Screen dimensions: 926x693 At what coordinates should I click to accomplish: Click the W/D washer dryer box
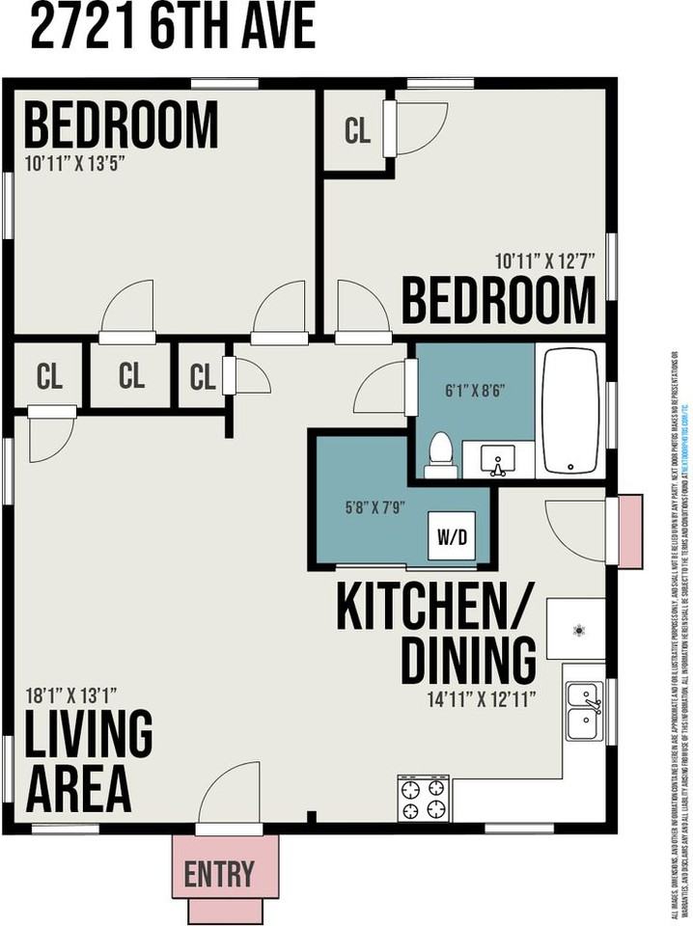(x=452, y=536)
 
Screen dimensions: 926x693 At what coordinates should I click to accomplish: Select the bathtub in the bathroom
(x=569, y=411)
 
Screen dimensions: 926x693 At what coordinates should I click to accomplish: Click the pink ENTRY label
(x=219, y=874)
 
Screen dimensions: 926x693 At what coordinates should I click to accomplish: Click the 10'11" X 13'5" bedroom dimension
(x=75, y=163)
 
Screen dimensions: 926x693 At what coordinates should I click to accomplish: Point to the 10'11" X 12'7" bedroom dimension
(x=544, y=260)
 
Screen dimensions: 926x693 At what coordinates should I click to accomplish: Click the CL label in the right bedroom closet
(x=357, y=132)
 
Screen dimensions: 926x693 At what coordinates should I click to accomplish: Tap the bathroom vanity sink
(x=497, y=460)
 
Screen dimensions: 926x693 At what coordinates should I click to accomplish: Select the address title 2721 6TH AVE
(x=173, y=26)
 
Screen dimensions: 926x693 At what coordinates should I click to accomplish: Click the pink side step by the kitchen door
(x=629, y=531)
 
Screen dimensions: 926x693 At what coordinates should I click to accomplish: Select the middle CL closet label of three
(x=132, y=376)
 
